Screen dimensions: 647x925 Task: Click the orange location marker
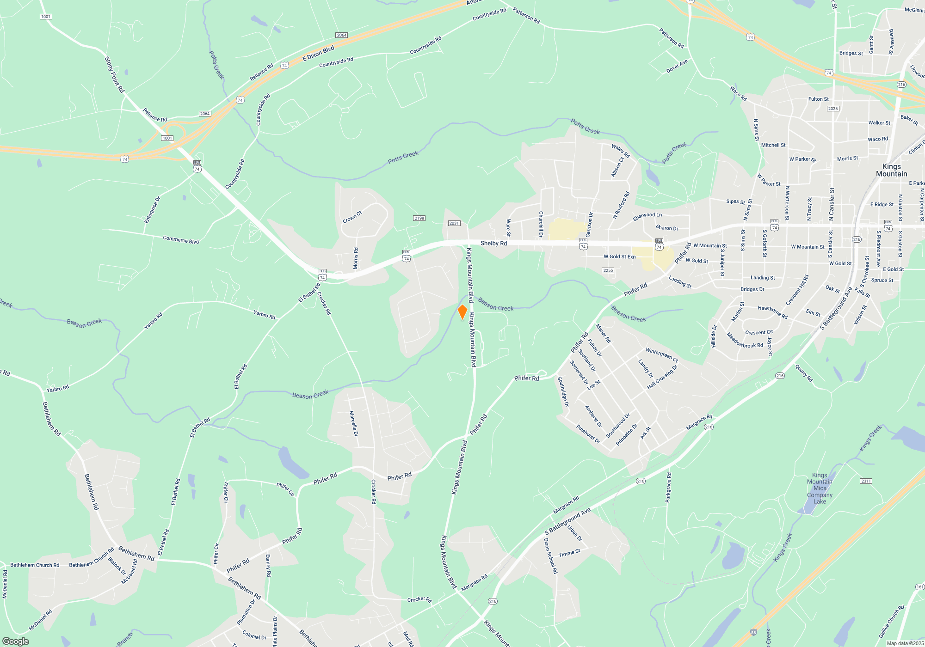(462, 312)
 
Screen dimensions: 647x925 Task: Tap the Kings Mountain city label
(891, 170)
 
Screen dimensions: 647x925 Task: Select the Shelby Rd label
(493, 243)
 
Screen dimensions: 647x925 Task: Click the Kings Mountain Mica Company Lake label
(820, 488)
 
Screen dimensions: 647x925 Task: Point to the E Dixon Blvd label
(318, 54)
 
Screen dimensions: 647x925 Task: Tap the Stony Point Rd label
(114, 75)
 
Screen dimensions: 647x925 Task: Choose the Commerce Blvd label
(181, 240)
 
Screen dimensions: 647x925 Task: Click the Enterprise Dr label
(152, 210)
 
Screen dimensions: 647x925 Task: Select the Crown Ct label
(352, 217)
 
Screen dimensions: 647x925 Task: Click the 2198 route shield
(419, 218)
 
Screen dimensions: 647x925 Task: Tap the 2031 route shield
(454, 223)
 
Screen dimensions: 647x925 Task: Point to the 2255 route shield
(608, 270)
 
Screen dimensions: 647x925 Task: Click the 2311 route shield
(866, 481)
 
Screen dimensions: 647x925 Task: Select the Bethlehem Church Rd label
(35, 565)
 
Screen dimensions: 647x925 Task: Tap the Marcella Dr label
(353, 424)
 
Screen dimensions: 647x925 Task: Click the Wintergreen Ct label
(661, 355)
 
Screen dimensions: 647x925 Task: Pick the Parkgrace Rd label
(668, 488)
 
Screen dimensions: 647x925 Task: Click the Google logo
(16, 641)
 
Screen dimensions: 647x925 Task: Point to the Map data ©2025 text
(905, 643)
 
